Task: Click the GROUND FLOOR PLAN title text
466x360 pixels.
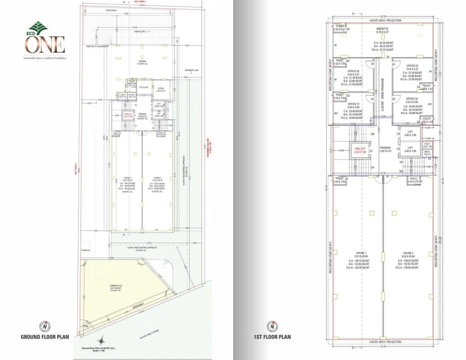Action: [x=46, y=337]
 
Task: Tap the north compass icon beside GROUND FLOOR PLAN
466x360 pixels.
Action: [x=43, y=326]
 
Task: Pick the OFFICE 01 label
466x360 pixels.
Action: [x=354, y=104]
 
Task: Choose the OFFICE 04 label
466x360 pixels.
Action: [x=413, y=99]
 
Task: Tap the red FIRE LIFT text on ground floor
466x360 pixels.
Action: [x=121, y=114]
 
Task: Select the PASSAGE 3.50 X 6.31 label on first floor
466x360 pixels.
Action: [x=384, y=149]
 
